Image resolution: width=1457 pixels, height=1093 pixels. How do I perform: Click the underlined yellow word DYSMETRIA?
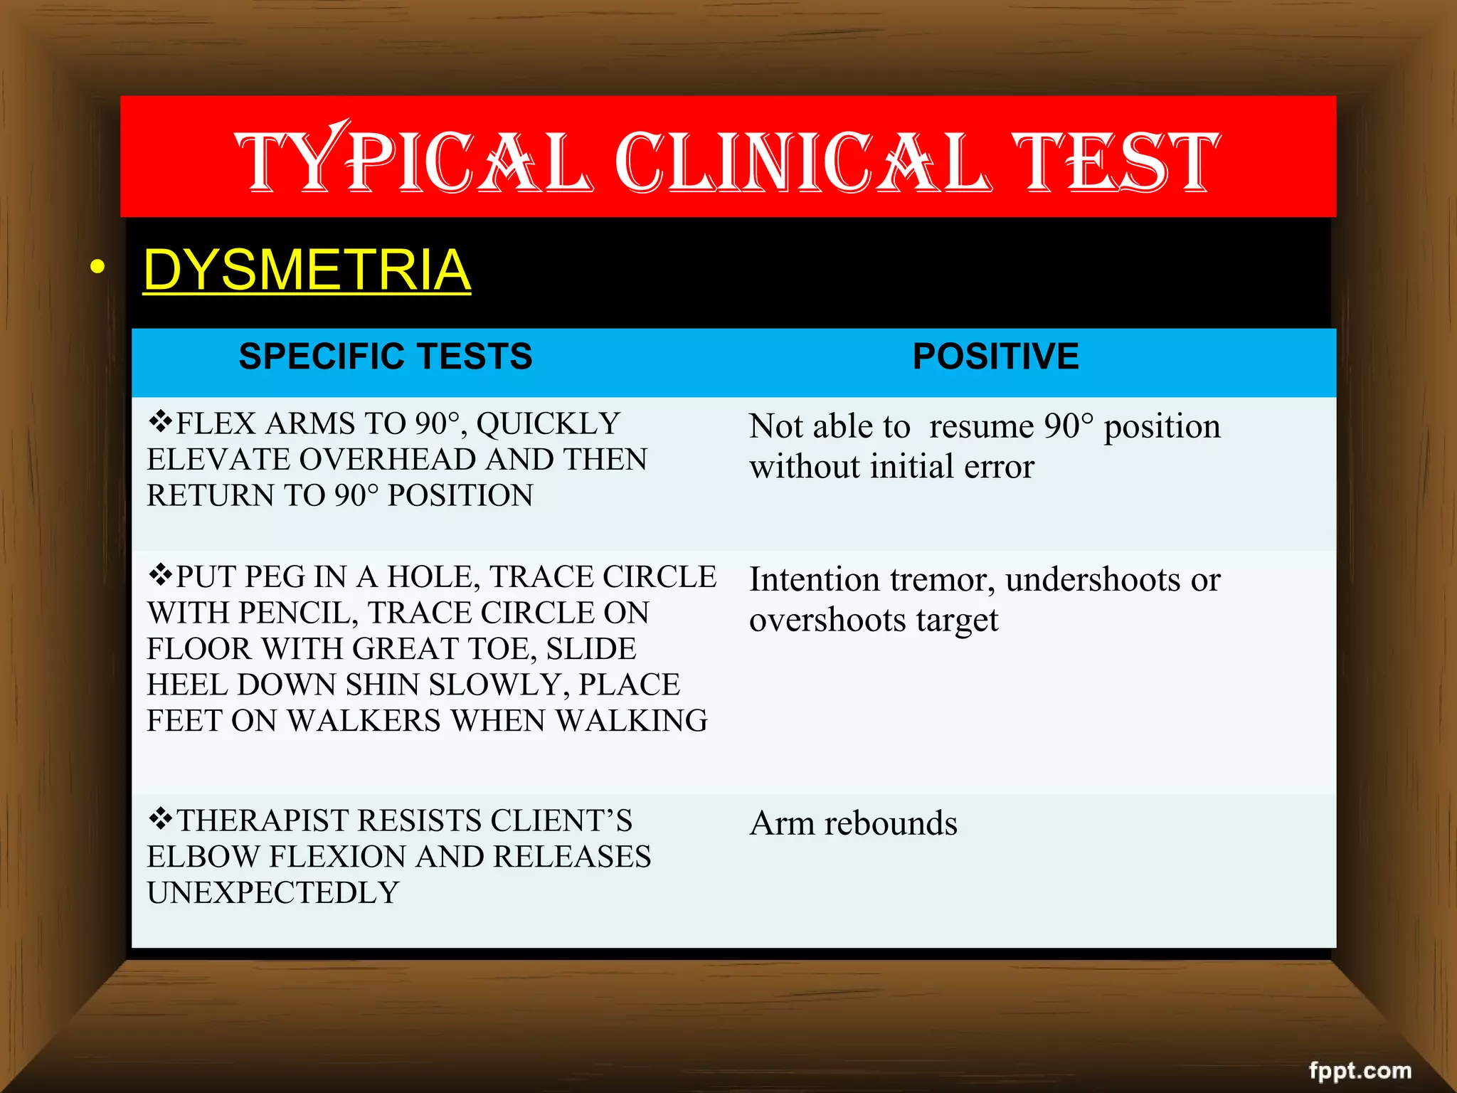point(307,270)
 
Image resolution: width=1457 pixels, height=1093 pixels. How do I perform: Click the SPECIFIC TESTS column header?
point(385,357)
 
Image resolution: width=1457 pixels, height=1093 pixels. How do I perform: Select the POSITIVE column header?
point(995,357)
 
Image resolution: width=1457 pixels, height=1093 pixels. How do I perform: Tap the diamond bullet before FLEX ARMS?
point(161,422)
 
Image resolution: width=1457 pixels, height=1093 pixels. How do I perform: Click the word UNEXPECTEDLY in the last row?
point(273,893)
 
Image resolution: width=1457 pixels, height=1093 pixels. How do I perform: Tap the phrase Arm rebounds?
point(853,823)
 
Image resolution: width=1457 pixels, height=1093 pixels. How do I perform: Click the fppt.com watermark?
point(1360,1071)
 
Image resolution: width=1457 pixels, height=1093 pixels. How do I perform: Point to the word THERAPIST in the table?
point(261,820)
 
